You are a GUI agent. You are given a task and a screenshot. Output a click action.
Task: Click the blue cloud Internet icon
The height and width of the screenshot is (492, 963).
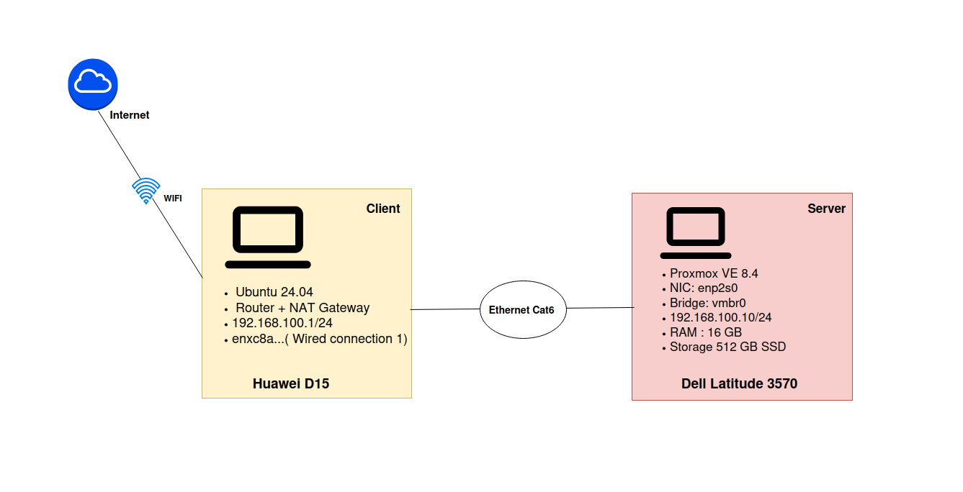click(x=93, y=84)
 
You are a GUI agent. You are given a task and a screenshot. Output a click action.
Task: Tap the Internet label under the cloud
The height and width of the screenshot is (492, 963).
click(x=130, y=115)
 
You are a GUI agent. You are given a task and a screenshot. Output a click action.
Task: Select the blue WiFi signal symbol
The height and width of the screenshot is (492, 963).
click(x=146, y=191)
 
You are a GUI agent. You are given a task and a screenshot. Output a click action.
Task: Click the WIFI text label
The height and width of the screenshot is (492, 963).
click(x=173, y=199)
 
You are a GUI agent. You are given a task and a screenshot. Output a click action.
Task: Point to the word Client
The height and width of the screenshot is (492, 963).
click(x=383, y=209)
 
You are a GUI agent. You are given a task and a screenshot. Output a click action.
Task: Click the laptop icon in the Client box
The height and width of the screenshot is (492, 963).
click(x=268, y=237)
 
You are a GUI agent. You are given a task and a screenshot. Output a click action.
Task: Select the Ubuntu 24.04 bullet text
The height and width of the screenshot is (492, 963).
click(x=274, y=292)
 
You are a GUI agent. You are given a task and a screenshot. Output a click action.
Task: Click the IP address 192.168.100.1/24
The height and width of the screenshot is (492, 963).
click(x=282, y=323)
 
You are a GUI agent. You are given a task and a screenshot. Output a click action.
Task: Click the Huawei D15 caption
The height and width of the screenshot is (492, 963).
click(x=291, y=383)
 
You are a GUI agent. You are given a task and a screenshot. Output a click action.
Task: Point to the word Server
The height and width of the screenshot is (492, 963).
click(x=826, y=209)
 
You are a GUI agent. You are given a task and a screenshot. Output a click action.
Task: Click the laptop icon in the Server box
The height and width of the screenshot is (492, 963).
click(x=696, y=233)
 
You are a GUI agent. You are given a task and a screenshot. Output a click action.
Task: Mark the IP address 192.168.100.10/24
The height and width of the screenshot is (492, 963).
click(x=721, y=318)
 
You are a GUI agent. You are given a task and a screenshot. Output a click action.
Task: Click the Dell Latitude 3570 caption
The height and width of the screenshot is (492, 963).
click(x=740, y=383)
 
